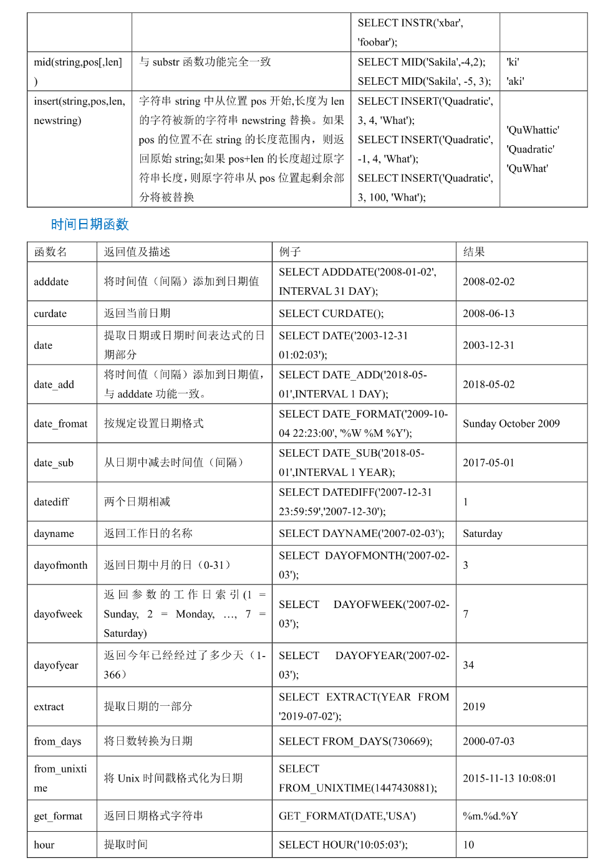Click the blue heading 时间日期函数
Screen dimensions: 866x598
pyautogui.click(x=90, y=224)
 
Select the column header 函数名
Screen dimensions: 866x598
pyautogui.click(x=51, y=252)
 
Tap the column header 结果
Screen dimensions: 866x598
pyautogui.click(x=474, y=252)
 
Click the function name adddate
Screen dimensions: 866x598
pyautogui.click(x=51, y=282)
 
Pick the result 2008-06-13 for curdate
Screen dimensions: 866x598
pyautogui.click(x=488, y=313)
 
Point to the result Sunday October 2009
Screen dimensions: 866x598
pyautogui.click(x=511, y=424)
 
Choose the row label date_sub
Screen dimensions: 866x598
pyautogui.click(x=54, y=463)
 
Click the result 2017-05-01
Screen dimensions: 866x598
pyautogui.click(x=488, y=463)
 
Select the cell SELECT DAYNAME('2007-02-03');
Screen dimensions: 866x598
pyautogui.click(x=362, y=533)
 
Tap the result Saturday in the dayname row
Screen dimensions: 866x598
pyautogui.click(x=482, y=533)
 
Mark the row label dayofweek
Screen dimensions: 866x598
pyautogui.click(x=58, y=614)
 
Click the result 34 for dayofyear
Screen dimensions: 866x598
pyautogui.click(x=468, y=665)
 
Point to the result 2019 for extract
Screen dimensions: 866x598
pyautogui.click(x=473, y=707)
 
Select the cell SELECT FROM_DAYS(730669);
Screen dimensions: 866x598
pyautogui.click(x=355, y=741)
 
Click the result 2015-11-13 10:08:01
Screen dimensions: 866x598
pyautogui.click(x=509, y=778)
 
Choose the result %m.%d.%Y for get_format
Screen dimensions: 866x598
pyautogui.click(x=490, y=816)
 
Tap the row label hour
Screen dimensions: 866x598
pyautogui.click(x=44, y=845)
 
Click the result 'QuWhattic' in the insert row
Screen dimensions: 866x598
pyautogui.click(x=533, y=130)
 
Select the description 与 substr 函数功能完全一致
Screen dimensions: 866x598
pyautogui.click(x=205, y=62)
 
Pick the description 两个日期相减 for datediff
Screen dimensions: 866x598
pyautogui.click(x=137, y=502)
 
